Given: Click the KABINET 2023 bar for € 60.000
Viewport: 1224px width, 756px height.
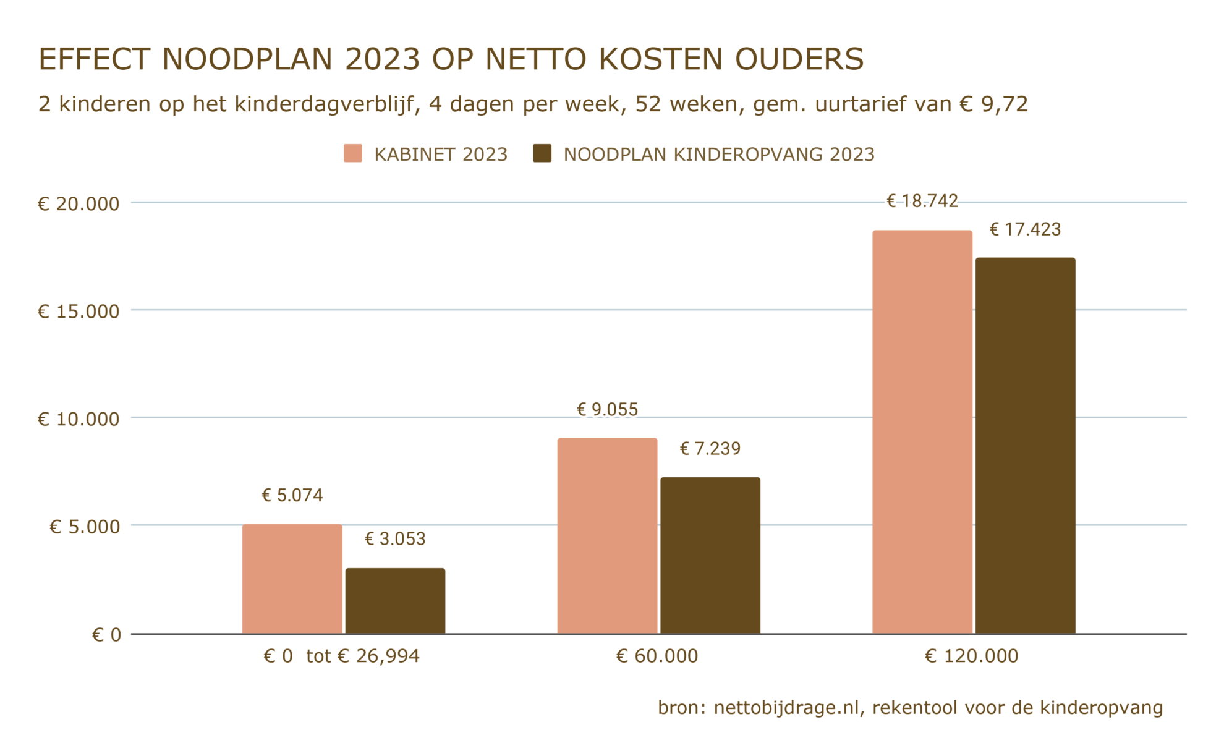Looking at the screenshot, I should pyautogui.click(x=607, y=535).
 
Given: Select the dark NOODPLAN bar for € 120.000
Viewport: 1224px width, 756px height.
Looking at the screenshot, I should pyautogui.click(x=1025, y=445).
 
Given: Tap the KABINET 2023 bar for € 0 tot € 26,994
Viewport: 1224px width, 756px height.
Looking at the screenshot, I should pyautogui.click(x=292, y=579).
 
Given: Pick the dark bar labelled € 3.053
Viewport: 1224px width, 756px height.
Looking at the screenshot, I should pyautogui.click(x=395, y=600).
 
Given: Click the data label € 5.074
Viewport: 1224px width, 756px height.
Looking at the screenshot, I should pyautogui.click(x=292, y=495).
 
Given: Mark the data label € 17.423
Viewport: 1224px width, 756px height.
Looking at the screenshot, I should pyautogui.click(x=1025, y=229).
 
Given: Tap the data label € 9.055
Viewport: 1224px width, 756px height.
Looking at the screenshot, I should pyautogui.click(x=607, y=409).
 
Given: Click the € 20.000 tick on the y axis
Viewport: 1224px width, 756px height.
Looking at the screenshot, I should pyautogui.click(x=79, y=203).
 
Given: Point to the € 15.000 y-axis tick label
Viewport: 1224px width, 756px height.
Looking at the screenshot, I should pyautogui.click(x=79, y=311).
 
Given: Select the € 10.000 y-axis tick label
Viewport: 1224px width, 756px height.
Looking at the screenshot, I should pyautogui.click(x=79, y=419).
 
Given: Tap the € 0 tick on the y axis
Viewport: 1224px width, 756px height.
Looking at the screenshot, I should pyautogui.click(x=106, y=634).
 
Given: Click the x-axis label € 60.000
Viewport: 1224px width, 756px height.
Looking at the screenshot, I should pyautogui.click(x=657, y=656).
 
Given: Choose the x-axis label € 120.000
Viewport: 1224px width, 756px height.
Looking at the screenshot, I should pyautogui.click(x=971, y=656).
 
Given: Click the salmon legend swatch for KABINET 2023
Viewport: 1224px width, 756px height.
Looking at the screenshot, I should pyautogui.click(x=353, y=153).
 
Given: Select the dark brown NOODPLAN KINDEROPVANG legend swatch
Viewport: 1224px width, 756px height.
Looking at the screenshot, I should pyautogui.click(x=542, y=153).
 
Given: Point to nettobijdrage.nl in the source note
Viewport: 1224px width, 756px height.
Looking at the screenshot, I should pyautogui.click(x=786, y=707).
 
